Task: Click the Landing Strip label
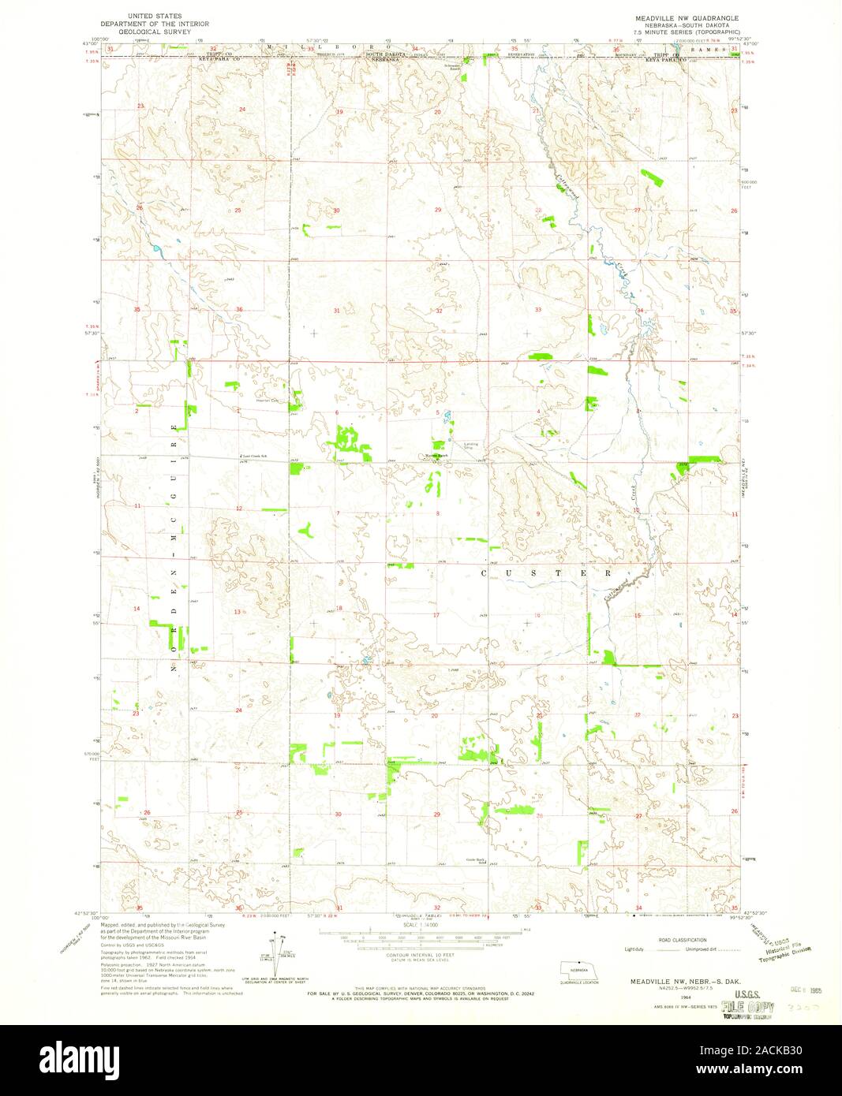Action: click(471, 445)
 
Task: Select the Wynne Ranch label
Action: click(436, 455)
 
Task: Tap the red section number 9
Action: click(538, 513)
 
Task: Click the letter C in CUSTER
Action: click(485, 573)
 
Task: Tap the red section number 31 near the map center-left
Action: click(337, 311)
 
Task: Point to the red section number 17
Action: click(436, 614)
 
